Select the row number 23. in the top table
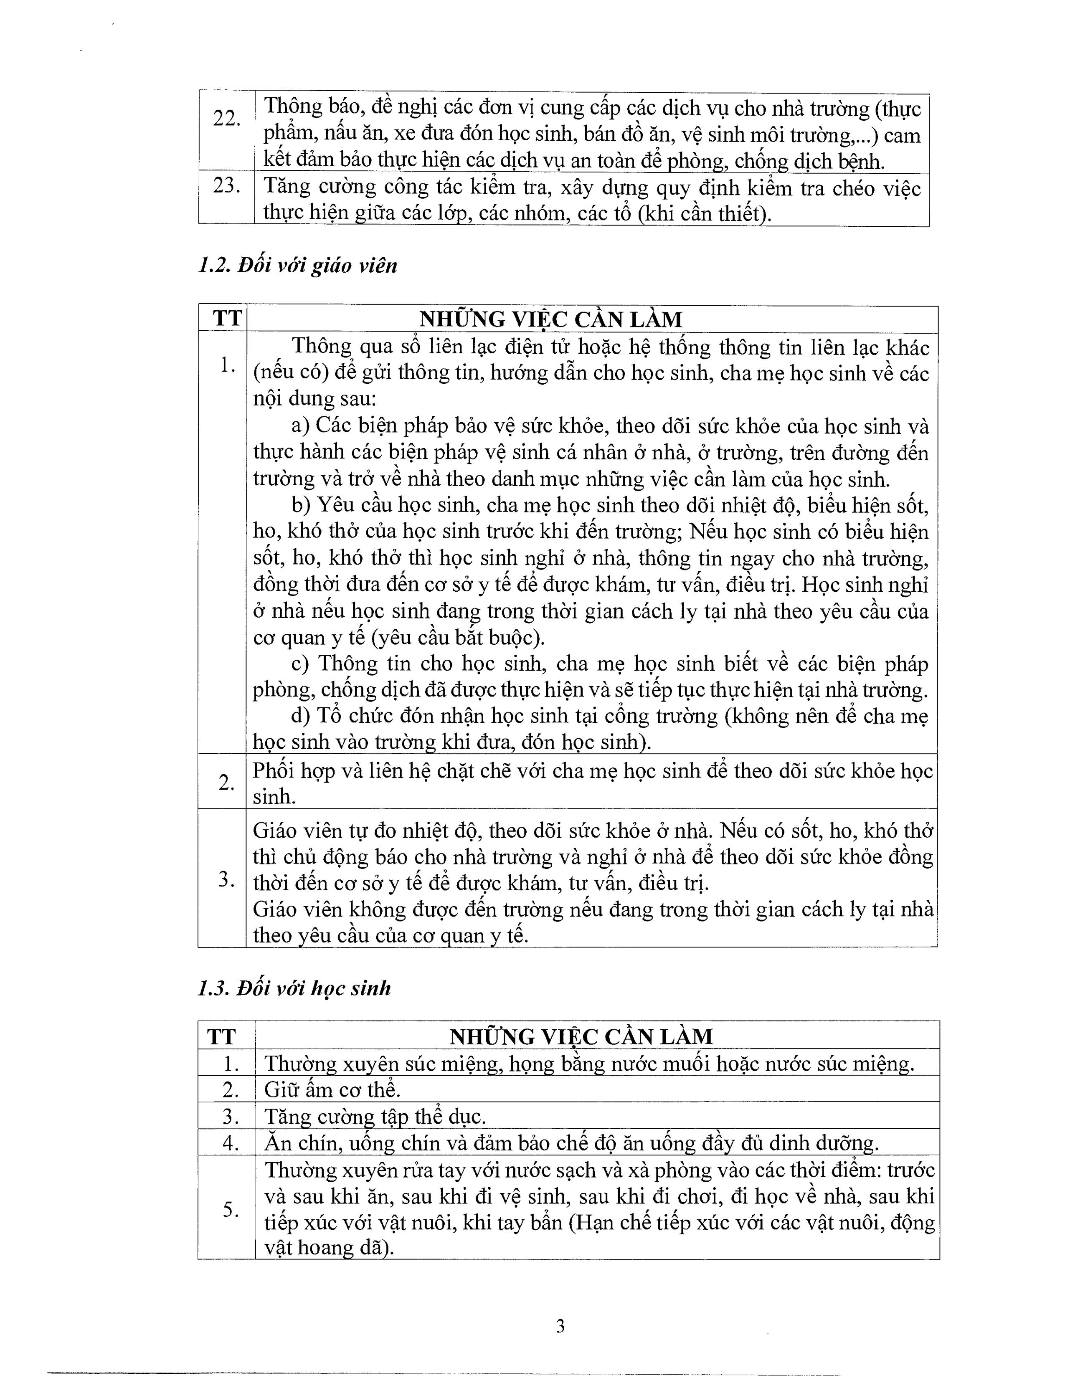[226, 186]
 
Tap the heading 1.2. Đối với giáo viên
[297, 266]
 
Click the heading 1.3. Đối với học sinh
[294, 988]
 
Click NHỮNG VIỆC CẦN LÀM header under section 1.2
[551, 320]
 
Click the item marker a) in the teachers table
[300, 426]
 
